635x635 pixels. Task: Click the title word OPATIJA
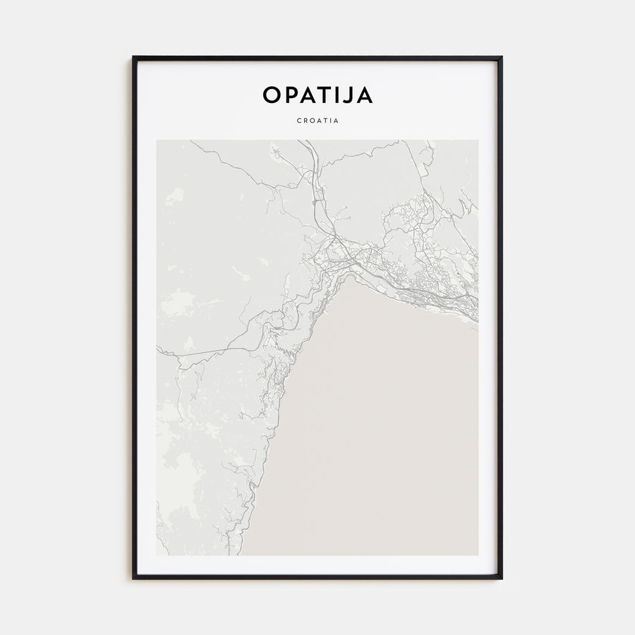click(x=317, y=95)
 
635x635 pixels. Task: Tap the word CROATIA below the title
click(x=317, y=121)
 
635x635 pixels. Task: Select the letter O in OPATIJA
click(x=272, y=95)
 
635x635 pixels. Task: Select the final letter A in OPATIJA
click(x=365, y=95)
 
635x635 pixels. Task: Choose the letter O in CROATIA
click(x=312, y=121)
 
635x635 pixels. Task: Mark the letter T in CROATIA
click(x=325, y=121)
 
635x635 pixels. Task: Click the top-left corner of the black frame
click(x=133, y=56)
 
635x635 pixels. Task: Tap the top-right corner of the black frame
click(x=502, y=56)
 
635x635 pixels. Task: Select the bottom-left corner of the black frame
click(x=133, y=579)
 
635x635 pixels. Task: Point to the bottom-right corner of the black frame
click(x=502, y=579)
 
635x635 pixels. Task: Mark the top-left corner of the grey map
click(x=157, y=140)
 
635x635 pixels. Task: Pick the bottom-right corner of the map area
click(x=478, y=555)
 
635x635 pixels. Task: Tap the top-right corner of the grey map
click(x=478, y=140)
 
